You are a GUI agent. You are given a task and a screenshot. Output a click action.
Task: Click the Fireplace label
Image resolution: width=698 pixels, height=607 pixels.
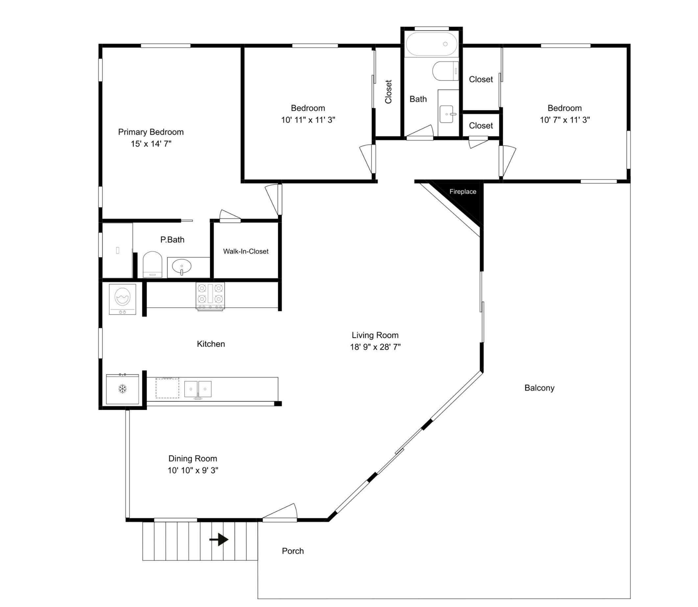pos(463,192)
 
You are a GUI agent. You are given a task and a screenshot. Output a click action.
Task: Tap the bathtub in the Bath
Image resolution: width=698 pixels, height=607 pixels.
pos(431,44)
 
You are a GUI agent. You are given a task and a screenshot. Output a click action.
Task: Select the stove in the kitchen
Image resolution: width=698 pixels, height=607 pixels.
pos(210,296)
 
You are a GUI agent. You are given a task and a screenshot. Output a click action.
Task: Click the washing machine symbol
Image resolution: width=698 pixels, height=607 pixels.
pos(122,299)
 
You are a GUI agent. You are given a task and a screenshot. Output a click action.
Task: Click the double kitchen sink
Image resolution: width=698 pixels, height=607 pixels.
pos(198,389)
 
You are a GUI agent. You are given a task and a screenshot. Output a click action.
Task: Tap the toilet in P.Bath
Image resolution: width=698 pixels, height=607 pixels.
pos(153,264)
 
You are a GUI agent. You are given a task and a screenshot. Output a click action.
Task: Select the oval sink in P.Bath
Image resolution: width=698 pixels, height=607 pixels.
pos(181,267)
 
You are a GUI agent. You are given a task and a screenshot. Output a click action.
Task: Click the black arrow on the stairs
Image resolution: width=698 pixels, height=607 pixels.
pos(219,539)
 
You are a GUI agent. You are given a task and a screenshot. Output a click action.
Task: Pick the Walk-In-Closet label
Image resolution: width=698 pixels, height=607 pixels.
pos(246,251)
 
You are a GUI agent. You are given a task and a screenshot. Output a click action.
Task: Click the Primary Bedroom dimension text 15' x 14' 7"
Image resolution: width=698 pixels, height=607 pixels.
pos(151,144)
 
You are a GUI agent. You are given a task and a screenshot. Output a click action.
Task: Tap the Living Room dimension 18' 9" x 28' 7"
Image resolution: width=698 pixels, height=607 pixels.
pos(375,347)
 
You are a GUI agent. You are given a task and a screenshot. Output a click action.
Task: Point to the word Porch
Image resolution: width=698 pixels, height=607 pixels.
pos(293,551)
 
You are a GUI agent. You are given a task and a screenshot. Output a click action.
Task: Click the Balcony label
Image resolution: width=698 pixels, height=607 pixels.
pos(540,388)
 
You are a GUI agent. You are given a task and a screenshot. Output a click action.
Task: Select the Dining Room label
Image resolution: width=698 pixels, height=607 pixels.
pos(193,459)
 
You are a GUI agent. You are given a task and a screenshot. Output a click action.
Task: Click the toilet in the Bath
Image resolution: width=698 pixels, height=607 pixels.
pos(445,71)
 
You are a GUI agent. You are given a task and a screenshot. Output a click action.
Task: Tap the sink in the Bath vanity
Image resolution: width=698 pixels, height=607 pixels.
pos(447,114)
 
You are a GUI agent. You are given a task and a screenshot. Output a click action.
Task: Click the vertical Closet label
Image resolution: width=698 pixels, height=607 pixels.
pos(388,92)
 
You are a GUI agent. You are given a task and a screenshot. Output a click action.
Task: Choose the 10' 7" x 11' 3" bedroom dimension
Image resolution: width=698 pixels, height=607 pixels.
pos(565,120)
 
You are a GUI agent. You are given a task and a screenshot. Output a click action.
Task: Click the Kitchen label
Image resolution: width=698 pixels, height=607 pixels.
pos(211,344)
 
